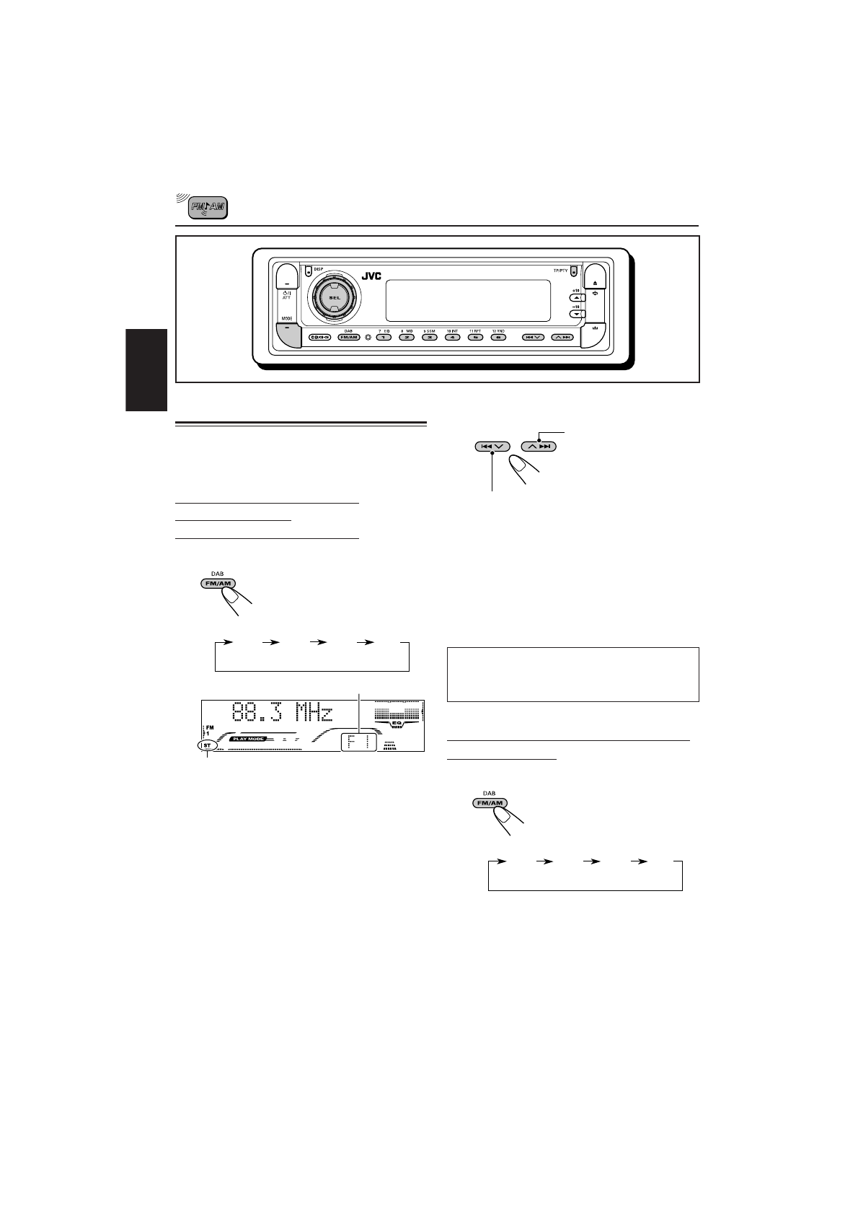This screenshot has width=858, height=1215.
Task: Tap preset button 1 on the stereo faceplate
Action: pos(384,337)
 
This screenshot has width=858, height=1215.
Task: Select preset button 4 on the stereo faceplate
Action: pos(452,337)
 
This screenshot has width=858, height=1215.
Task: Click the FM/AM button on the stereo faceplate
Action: pos(349,337)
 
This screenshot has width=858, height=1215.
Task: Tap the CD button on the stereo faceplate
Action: pos(319,337)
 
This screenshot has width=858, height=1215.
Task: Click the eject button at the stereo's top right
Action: pos(595,283)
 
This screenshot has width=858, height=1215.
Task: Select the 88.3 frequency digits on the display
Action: pos(260,714)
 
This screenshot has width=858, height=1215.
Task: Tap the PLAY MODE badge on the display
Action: pos(248,740)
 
